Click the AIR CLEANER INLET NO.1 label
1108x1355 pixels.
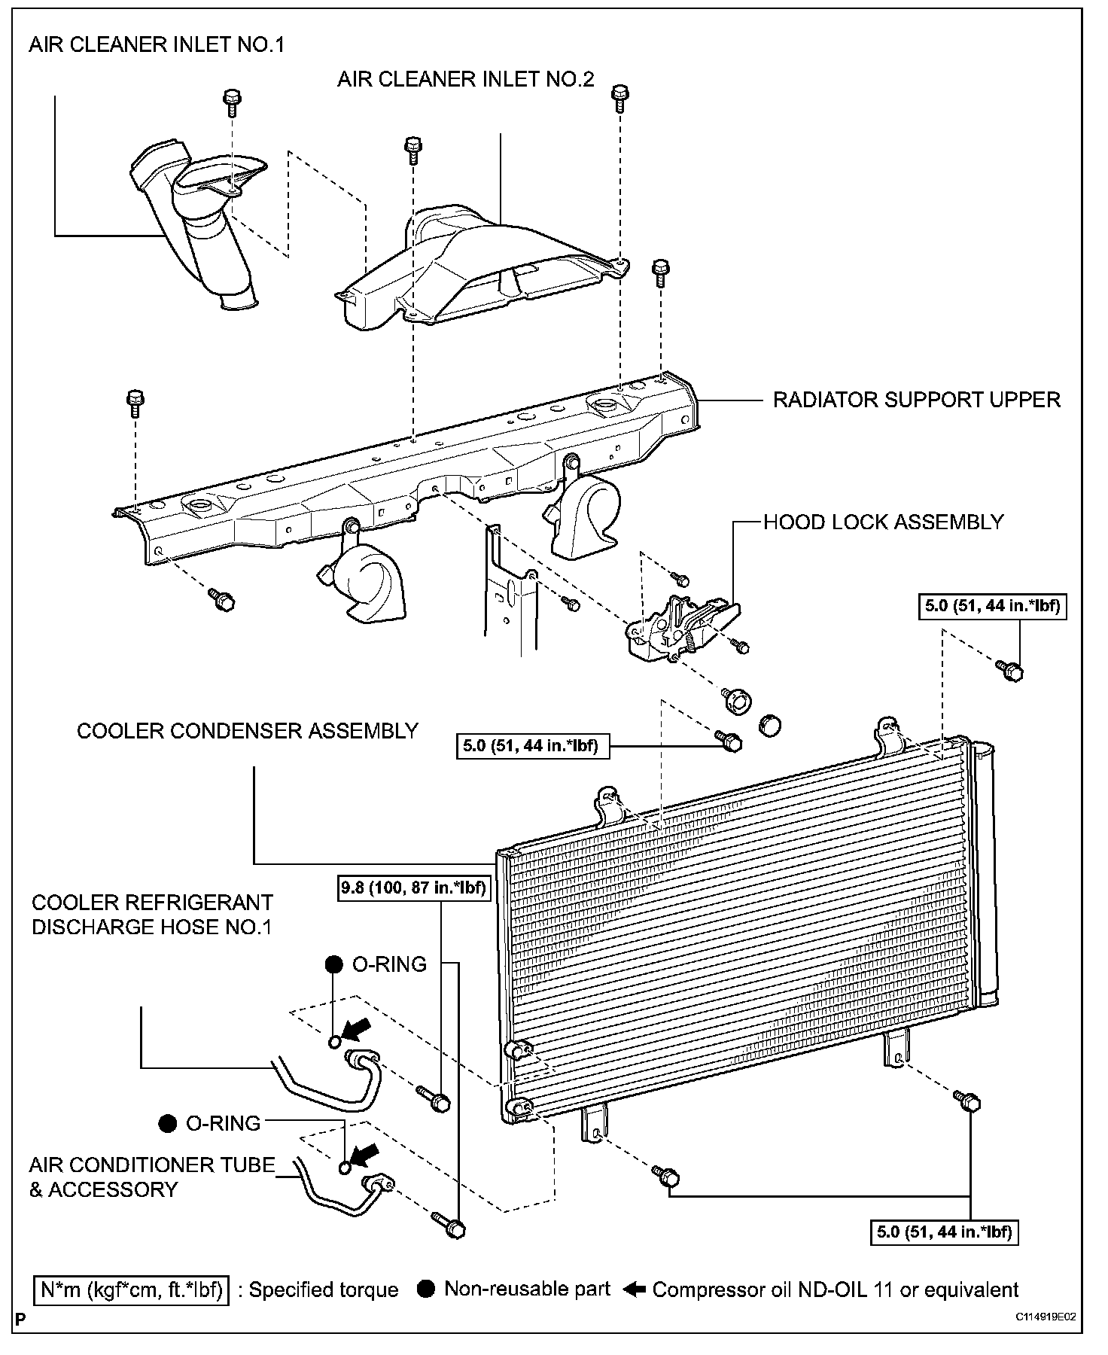(x=157, y=44)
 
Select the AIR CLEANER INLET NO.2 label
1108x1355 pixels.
(x=465, y=79)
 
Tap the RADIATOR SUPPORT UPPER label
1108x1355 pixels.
(x=917, y=400)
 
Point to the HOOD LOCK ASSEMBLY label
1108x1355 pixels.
(x=883, y=522)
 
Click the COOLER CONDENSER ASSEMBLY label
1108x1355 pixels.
(x=248, y=731)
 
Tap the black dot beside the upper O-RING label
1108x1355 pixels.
(x=333, y=964)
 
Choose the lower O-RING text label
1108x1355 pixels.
(x=223, y=1124)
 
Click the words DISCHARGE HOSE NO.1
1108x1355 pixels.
(x=151, y=927)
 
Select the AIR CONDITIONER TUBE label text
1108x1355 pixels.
(x=152, y=1165)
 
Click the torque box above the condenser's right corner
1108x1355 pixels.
(x=991, y=606)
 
